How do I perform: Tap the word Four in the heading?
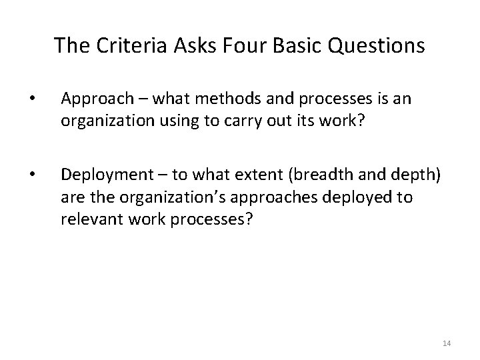[x=231, y=45]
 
